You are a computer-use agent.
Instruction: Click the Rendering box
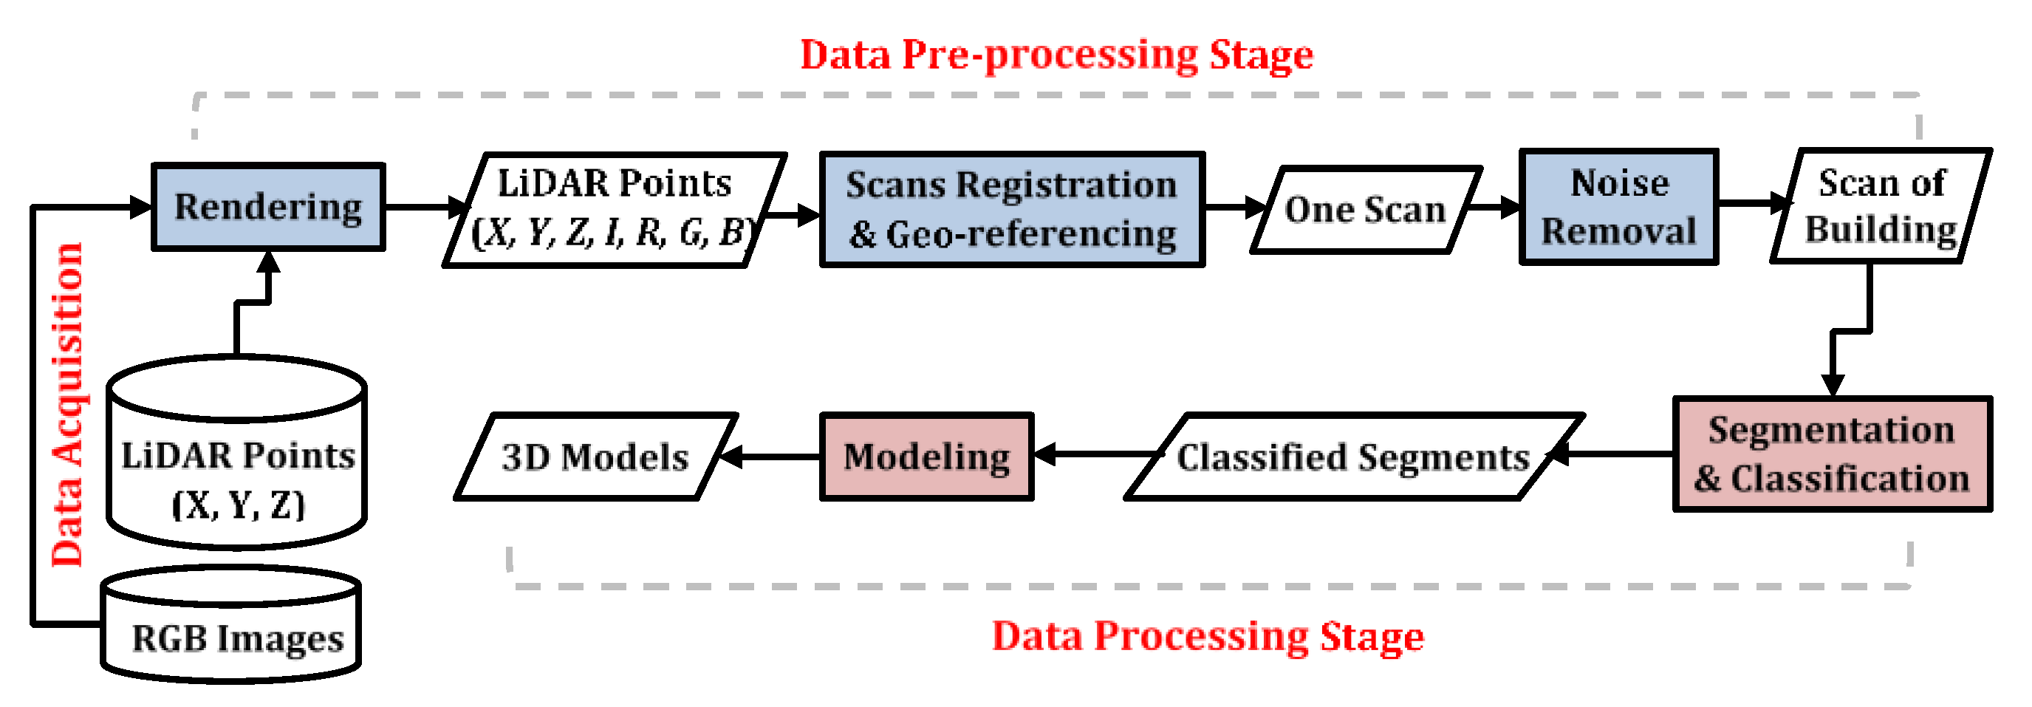[268, 208]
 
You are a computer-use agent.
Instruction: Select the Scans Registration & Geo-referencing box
[1012, 210]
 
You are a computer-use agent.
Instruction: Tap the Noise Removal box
[1618, 207]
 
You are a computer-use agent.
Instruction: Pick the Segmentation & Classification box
[1832, 455]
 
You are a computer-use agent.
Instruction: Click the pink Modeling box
[926, 457]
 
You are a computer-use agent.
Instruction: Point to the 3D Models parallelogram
[595, 457]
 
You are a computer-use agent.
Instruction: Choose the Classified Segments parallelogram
[1353, 457]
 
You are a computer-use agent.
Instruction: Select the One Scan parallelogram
[1365, 210]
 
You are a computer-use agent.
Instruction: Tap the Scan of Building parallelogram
[1881, 206]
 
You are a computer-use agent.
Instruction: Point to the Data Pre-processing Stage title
[1056, 55]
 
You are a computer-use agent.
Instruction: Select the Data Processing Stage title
[1207, 636]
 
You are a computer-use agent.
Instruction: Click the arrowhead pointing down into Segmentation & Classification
[1832, 384]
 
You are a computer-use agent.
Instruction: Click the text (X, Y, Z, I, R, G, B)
[612, 233]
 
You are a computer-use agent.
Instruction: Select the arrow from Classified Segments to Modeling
[1096, 455]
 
